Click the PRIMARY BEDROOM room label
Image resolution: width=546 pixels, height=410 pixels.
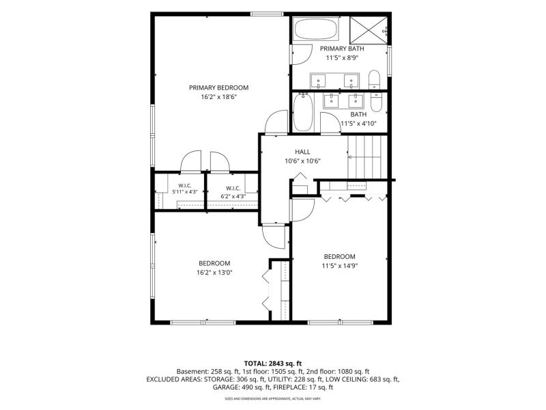218,87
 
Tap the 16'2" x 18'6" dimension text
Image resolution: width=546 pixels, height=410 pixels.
218,97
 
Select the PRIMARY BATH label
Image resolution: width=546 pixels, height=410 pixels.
342,49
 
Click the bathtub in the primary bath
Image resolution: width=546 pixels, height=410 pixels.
316,29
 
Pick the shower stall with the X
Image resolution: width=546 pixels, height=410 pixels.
369,30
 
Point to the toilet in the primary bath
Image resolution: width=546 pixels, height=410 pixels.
374,79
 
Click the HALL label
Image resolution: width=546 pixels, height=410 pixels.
302,152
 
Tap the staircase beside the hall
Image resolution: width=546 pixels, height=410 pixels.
367,157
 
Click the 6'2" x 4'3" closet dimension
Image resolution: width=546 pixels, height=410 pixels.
233,196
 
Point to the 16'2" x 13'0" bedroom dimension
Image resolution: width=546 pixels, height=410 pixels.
214,273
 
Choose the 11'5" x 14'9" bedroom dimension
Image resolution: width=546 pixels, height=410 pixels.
340,266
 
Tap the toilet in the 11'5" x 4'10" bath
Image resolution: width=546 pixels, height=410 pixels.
377,101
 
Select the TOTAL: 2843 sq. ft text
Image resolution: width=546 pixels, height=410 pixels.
272,364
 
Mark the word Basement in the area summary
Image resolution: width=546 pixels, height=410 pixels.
191,372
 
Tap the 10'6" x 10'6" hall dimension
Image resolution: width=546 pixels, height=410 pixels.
302,161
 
